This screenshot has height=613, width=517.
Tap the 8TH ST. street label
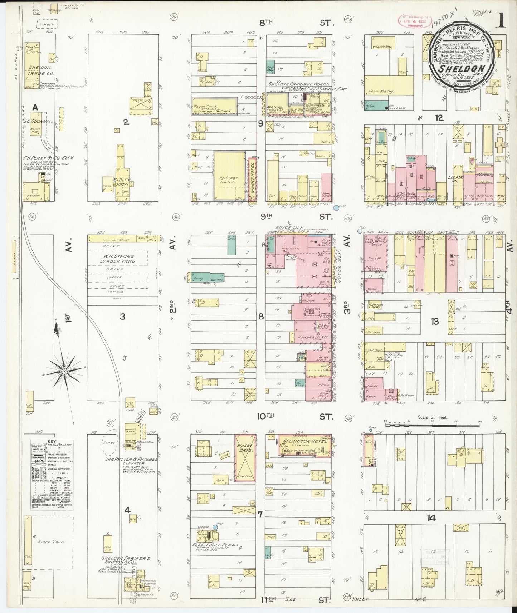pos(297,23)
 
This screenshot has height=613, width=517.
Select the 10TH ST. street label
pos(297,416)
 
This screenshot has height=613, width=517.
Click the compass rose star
pos(64,372)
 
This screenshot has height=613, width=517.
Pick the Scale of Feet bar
pos(433,425)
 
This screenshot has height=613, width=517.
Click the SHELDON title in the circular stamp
pos(462,68)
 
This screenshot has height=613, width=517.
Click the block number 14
pos(431,518)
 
